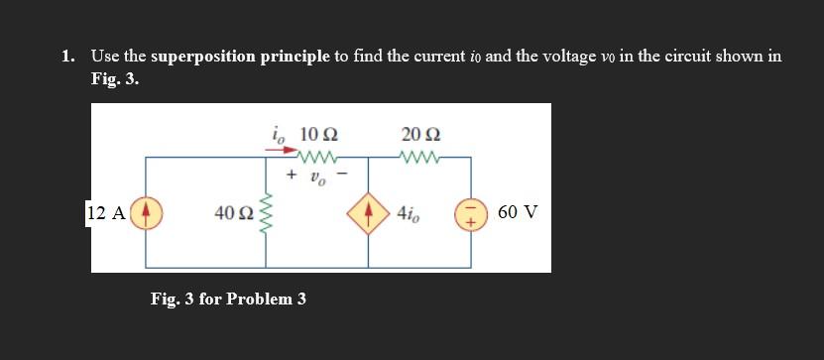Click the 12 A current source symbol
pyautogui.click(x=147, y=212)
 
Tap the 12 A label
pyautogui.click(x=105, y=212)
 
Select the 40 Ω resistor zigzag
pyautogui.click(x=266, y=212)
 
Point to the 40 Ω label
pyautogui.click(x=235, y=212)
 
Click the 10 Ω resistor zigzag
pyautogui.click(x=317, y=156)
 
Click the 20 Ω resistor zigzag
pyautogui.click(x=420, y=156)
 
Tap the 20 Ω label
pyautogui.click(x=421, y=134)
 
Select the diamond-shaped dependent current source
pyautogui.click(x=369, y=212)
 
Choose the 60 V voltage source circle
pyautogui.click(x=468, y=212)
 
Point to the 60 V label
pyautogui.click(x=517, y=212)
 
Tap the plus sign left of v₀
pyautogui.click(x=292, y=175)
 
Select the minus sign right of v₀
pyautogui.click(x=341, y=175)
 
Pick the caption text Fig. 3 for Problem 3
pyautogui.click(x=227, y=298)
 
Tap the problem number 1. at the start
pyautogui.click(x=66, y=58)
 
